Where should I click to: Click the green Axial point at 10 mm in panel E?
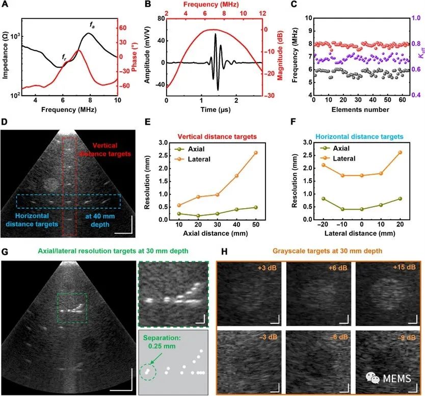coord(179,214)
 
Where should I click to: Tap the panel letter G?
coord(5,251)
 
